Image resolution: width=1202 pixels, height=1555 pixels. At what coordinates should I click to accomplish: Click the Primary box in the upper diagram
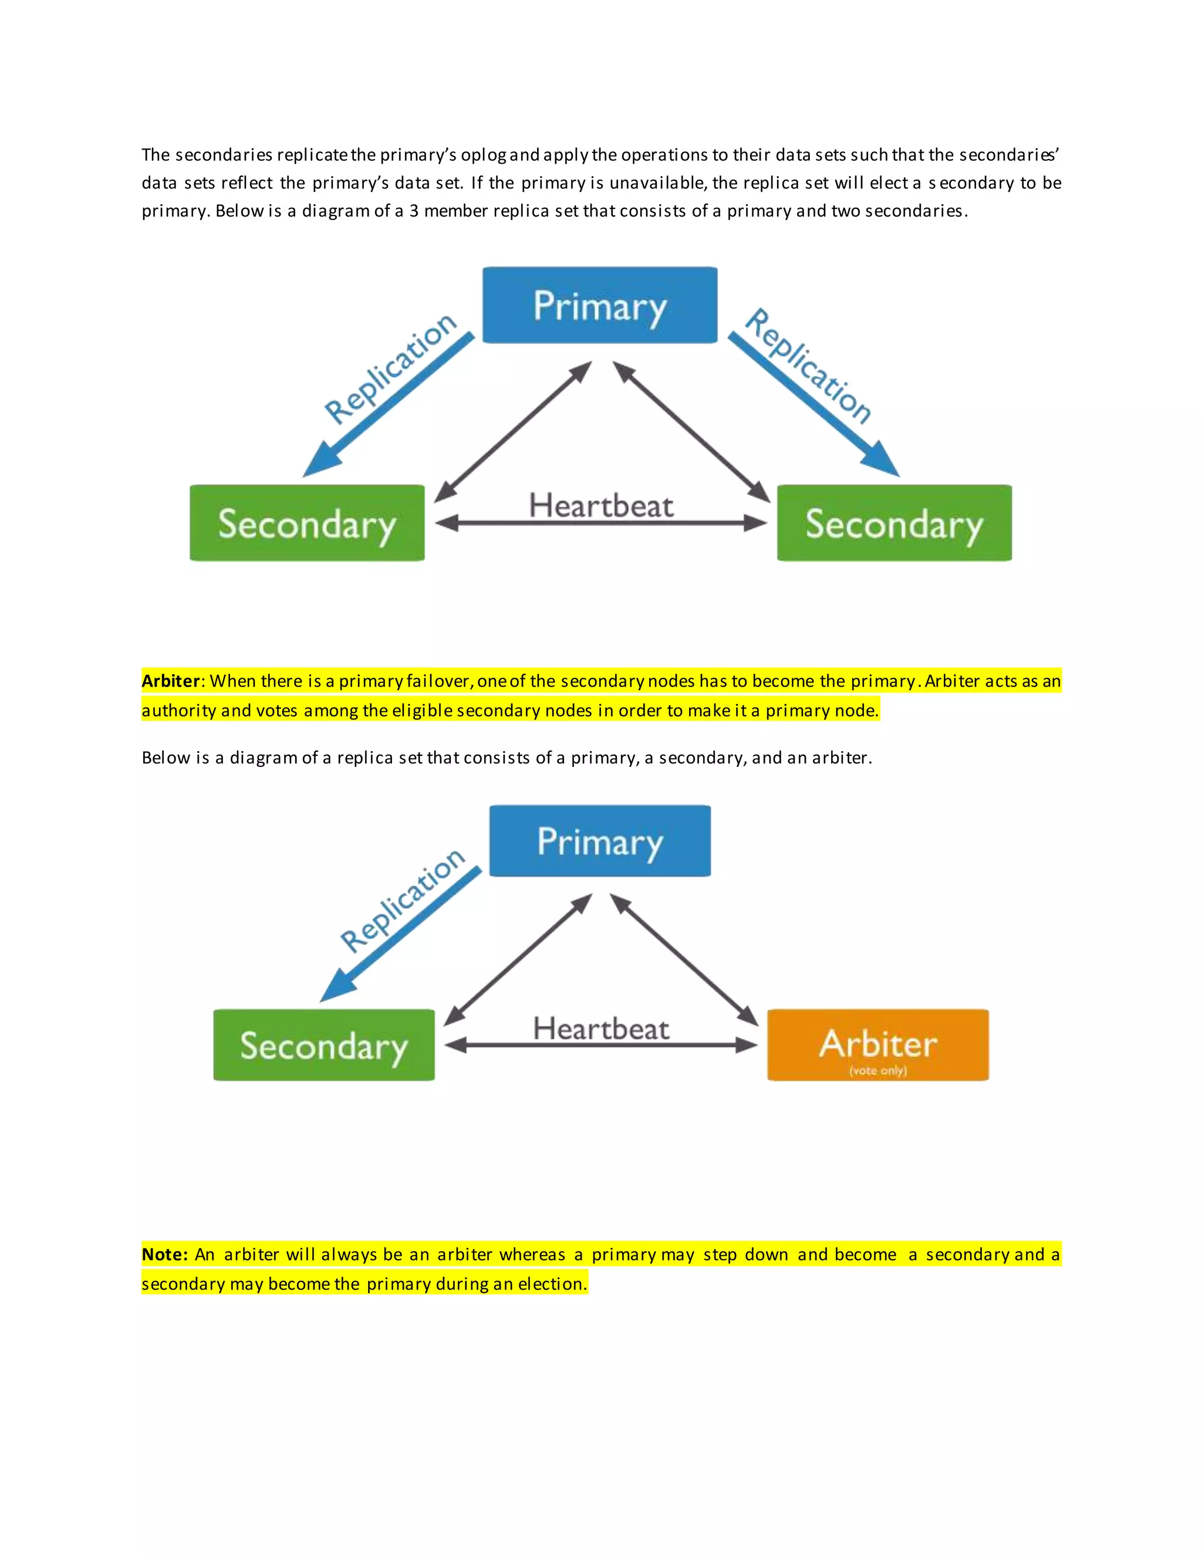click(x=600, y=306)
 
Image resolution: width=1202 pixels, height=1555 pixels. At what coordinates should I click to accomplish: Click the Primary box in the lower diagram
click(x=600, y=841)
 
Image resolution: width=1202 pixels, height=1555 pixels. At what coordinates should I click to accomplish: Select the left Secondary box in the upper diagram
click(x=307, y=523)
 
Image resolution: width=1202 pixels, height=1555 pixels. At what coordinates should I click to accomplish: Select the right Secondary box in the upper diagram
click(x=894, y=523)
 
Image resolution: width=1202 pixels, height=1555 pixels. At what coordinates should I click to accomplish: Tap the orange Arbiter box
click(x=877, y=1044)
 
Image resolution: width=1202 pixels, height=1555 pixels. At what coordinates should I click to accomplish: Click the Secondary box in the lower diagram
click(x=323, y=1044)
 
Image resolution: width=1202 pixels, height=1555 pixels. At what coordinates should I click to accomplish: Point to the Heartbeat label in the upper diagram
click(x=600, y=505)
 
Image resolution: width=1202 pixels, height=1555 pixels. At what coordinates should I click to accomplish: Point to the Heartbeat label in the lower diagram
click(x=600, y=1028)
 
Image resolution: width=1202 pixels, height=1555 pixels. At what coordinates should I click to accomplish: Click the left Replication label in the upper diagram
click(x=390, y=367)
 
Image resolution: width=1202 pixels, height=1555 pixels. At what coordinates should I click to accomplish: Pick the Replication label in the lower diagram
click(x=402, y=900)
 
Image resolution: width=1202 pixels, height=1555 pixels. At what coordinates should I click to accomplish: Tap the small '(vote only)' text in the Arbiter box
click(x=877, y=1070)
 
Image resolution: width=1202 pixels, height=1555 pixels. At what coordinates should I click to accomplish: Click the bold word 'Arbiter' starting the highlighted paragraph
click(x=170, y=681)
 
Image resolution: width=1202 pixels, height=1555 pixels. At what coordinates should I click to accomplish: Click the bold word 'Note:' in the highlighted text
click(x=164, y=1255)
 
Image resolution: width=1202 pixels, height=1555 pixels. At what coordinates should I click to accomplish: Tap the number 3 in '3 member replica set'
click(x=414, y=211)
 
